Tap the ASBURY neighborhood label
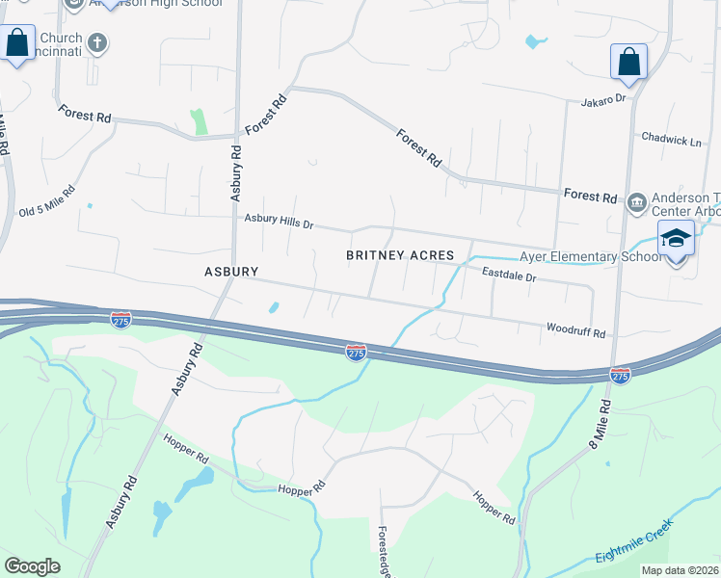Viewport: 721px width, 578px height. tap(231, 272)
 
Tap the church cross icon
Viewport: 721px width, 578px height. tap(96, 42)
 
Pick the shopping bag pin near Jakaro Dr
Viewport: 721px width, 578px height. tap(628, 62)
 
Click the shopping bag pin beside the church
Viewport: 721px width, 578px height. tap(17, 43)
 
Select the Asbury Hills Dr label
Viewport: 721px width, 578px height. tap(279, 222)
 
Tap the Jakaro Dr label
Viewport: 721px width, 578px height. tap(603, 99)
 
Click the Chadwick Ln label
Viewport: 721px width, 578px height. tap(671, 141)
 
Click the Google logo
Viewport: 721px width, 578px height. tap(32, 566)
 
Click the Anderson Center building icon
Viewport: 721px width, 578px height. tap(637, 202)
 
